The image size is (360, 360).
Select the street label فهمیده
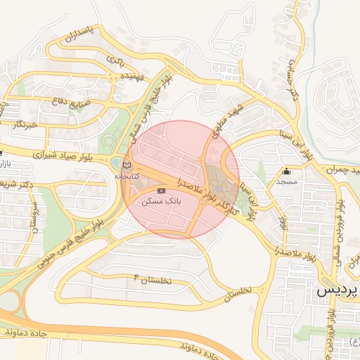coord(132,75)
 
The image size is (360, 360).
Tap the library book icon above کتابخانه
coord(127,165)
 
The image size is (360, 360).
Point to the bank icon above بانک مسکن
coord(161,191)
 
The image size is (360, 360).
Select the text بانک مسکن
coord(161,200)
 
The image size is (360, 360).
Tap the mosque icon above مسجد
coord(286,171)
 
